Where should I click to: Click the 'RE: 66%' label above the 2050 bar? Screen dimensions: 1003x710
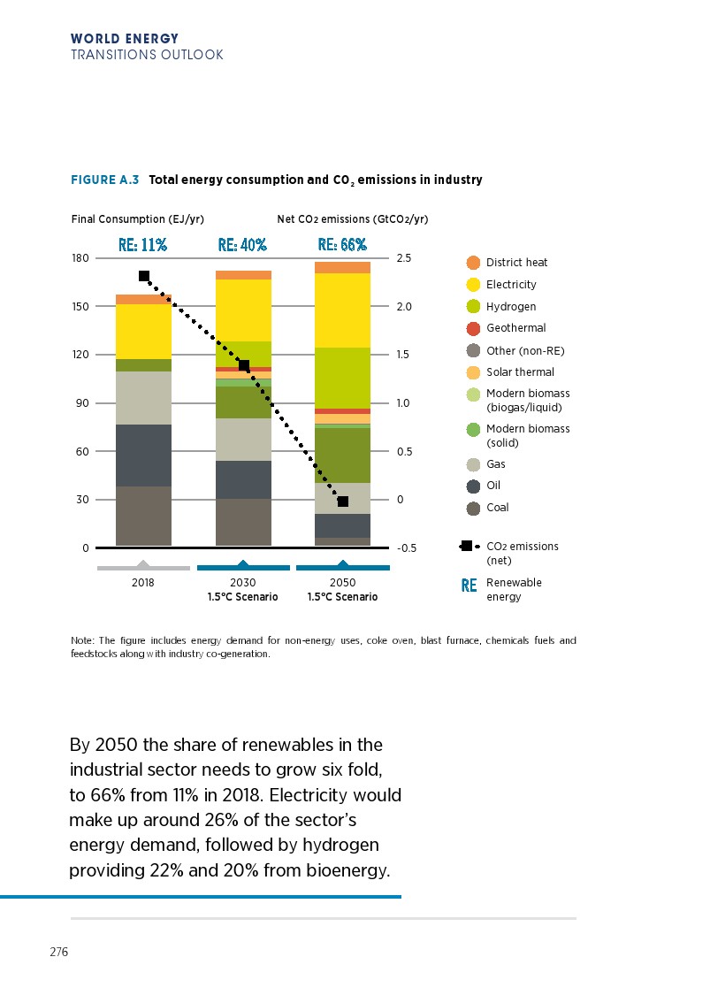(342, 244)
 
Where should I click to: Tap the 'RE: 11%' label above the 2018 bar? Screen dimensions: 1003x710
(143, 244)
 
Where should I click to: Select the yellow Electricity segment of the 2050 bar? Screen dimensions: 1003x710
(342, 310)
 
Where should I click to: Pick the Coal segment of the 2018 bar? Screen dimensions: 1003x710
(143, 516)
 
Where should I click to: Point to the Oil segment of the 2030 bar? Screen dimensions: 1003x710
(243, 479)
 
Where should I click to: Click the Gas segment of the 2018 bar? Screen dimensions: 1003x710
(143, 398)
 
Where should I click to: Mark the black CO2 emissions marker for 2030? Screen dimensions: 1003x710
(244, 366)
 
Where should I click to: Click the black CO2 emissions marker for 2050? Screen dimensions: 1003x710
(343, 501)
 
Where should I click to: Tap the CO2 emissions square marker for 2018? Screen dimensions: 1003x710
(144, 276)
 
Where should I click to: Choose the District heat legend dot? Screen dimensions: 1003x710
(473, 263)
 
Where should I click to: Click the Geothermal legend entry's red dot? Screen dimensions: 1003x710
(473, 328)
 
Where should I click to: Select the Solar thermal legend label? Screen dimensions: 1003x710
(520, 372)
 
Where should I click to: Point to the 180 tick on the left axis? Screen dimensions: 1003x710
(80, 258)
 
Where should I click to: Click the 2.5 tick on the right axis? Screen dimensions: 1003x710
(405, 258)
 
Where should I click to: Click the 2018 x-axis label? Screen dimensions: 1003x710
(143, 583)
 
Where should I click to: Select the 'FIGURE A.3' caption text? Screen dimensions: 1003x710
(104, 180)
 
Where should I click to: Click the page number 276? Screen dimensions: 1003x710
(59, 953)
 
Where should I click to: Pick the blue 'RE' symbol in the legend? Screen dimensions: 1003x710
(469, 586)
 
